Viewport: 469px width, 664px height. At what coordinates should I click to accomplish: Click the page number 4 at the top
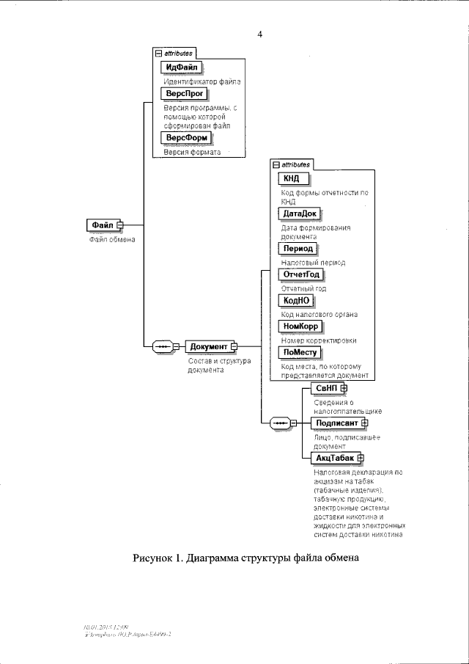pyautogui.click(x=259, y=34)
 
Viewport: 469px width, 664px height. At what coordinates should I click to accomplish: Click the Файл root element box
pyautogui.click(x=101, y=225)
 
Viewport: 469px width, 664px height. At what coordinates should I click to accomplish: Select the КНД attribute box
pyautogui.click(x=292, y=178)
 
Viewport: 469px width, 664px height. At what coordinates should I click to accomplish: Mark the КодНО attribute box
pyautogui.click(x=295, y=301)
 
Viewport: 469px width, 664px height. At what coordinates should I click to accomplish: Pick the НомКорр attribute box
pyautogui.click(x=301, y=326)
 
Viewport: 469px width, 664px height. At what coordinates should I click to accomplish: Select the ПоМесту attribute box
pyautogui.click(x=300, y=352)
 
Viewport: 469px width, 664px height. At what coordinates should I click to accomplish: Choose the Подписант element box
pyautogui.click(x=336, y=423)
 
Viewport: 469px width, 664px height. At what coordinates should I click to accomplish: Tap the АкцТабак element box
pyautogui.click(x=336, y=458)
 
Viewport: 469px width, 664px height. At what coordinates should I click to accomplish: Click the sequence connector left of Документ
pyautogui.click(x=163, y=346)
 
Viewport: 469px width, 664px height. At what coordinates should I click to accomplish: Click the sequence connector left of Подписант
pyautogui.click(x=279, y=423)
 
